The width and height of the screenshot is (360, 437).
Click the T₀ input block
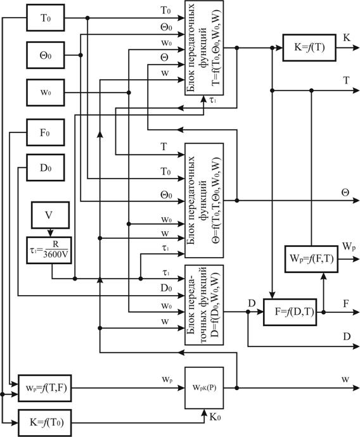[46, 18]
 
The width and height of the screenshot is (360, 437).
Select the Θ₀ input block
[46, 55]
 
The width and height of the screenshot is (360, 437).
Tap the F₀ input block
[46, 132]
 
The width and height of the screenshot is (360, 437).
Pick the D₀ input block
[46, 167]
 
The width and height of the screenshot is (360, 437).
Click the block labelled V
[50, 215]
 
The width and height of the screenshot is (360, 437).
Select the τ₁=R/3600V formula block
[49, 250]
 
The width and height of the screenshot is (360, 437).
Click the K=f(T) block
[309, 47]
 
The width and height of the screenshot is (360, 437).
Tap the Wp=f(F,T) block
[311, 259]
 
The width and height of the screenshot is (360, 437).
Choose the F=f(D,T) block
[290, 312]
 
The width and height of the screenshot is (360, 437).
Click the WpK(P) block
[204, 388]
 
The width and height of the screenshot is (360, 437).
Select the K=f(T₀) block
[44, 423]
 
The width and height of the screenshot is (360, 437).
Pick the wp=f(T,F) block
[44, 388]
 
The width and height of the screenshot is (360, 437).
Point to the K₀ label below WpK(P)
[215, 417]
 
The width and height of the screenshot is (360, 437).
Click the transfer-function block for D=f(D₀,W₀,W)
[204, 305]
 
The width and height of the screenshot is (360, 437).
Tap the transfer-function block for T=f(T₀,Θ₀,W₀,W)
[204, 47]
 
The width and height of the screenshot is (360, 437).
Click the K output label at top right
[346, 37]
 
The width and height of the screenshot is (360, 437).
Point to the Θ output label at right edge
[345, 193]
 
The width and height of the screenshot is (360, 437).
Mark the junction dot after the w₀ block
[129, 92]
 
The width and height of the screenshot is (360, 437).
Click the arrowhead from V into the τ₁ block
[50, 233]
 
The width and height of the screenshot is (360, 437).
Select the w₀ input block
[46, 92]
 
